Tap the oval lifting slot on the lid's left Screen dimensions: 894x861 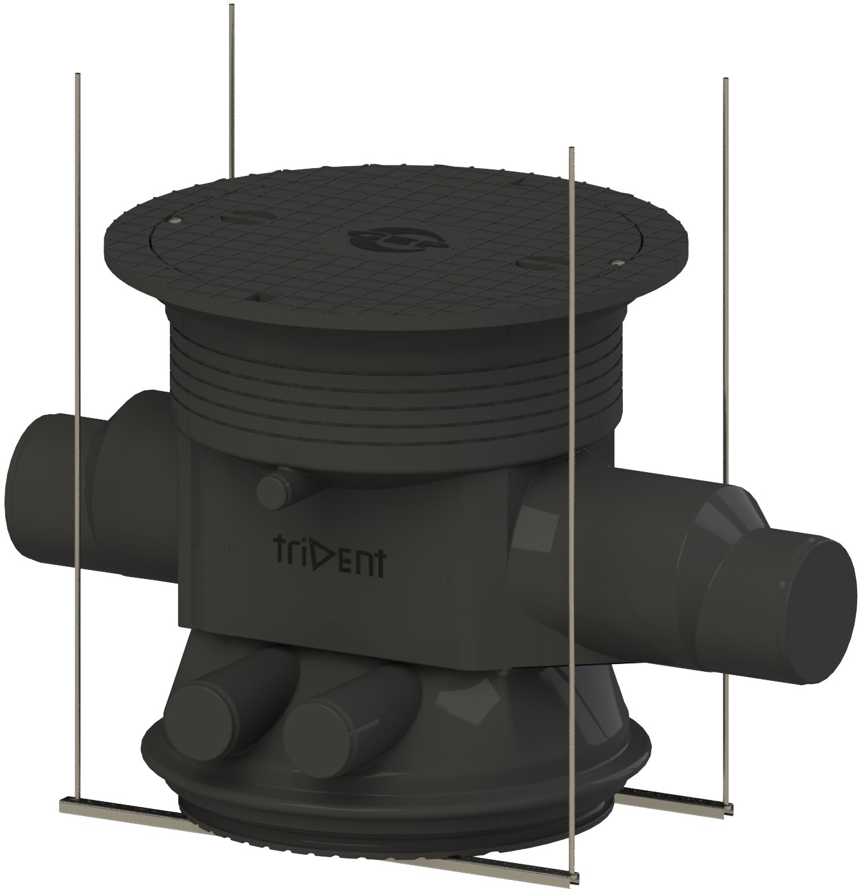(239, 218)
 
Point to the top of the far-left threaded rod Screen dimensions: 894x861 (77, 75)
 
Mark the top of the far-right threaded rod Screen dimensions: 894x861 (726, 81)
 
